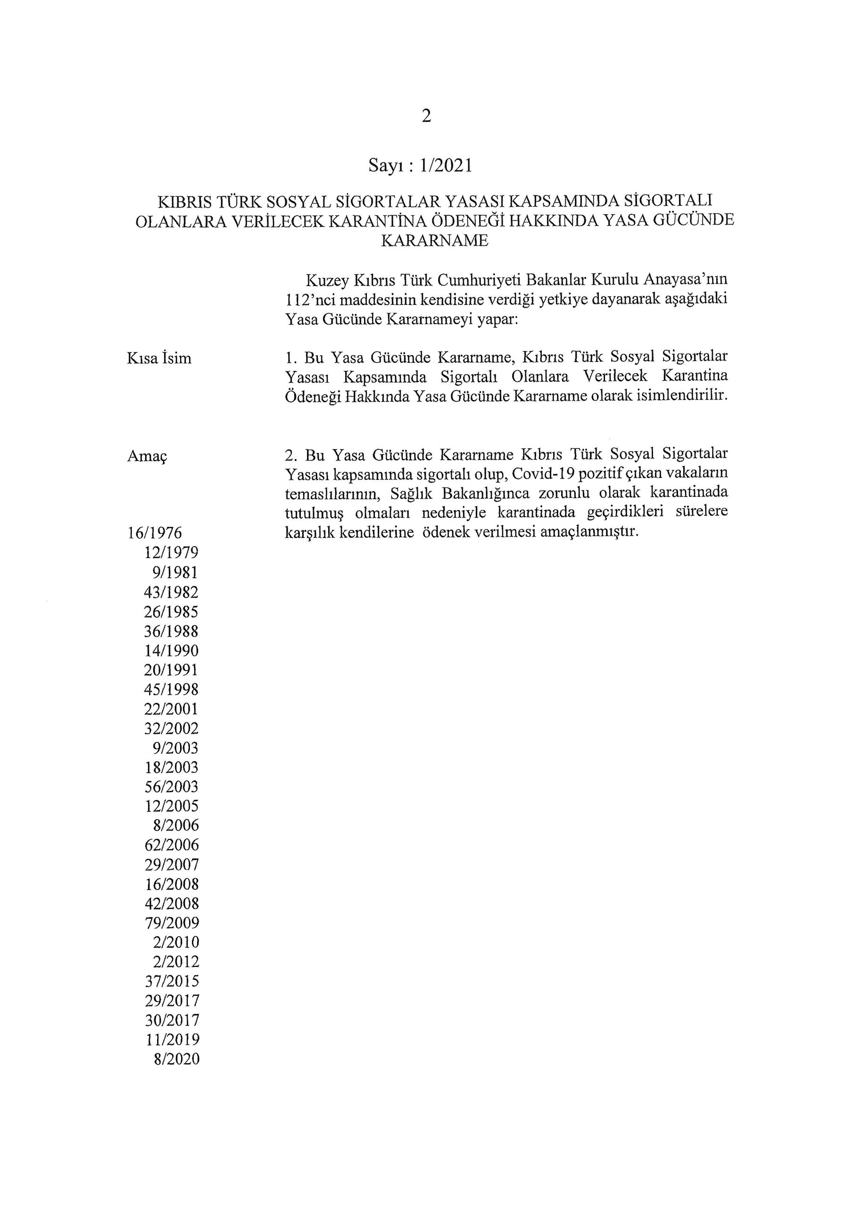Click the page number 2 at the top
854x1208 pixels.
(x=426, y=116)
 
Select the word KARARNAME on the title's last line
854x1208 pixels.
(x=434, y=241)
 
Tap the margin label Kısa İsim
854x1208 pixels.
(x=159, y=359)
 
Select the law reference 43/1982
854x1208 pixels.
(x=172, y=592)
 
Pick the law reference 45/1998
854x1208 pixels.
(x=172, y=690)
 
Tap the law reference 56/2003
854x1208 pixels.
(x=172, y=787)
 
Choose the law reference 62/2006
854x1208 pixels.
(x=172, y=846)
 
